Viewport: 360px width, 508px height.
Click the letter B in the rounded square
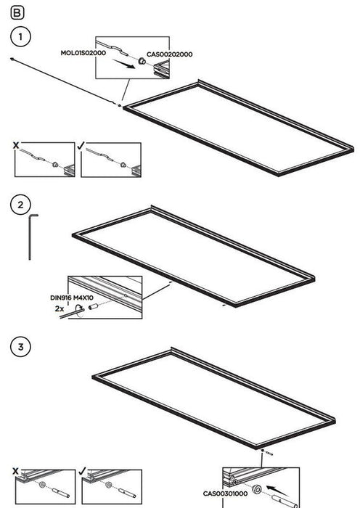tap(17, 12)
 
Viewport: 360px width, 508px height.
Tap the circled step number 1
tap(21, 36)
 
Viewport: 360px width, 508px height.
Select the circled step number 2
tap(21, 205)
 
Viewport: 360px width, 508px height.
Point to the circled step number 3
tap(21, 347)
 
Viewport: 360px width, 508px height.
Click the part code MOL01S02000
tap(83, 53)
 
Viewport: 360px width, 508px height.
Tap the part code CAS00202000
tap(169, 54)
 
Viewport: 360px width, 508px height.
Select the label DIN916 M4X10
tap(72, 298)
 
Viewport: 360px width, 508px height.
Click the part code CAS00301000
tap(225, 493)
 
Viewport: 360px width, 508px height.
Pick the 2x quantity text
tap(60, 308)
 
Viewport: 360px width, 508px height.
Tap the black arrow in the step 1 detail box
tap(123, 64)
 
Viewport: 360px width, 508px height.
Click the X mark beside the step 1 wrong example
tap(16, 145)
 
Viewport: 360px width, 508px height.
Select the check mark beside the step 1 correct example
tap(81, 145)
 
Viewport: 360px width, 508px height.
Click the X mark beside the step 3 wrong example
tap(15, 471)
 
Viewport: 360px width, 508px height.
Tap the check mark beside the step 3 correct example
tap(82, 470)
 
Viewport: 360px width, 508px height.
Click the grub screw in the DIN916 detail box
tap(94, 306)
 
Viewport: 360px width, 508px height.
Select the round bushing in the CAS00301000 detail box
tap(257, 490)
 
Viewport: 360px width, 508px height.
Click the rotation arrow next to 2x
tap(79, 308)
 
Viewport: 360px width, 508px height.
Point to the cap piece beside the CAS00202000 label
tap(142, 61)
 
